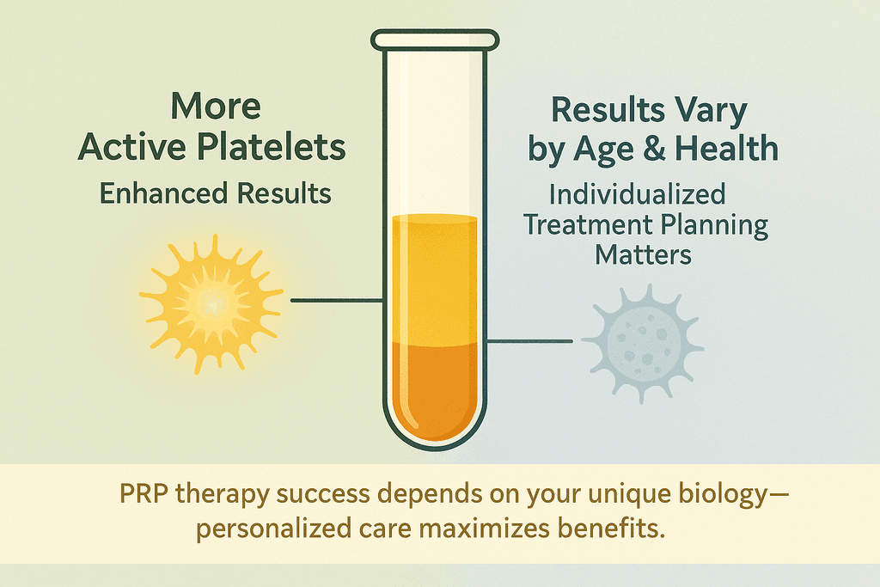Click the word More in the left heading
[x=216, y=106]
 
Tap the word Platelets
[x=272, y=147]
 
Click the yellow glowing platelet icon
[x=211, y=303]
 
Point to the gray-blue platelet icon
[x=643, y=343]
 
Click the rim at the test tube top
[x=435, y=40]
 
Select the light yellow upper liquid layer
[x=435, y=279]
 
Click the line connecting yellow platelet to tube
[x=337, y=301]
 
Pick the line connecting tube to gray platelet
[x=529, y=341]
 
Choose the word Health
[x=726, y=149]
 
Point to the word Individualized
[x=637, y=195]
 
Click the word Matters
[x=643, y=255]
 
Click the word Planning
[x=714, y=225]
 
